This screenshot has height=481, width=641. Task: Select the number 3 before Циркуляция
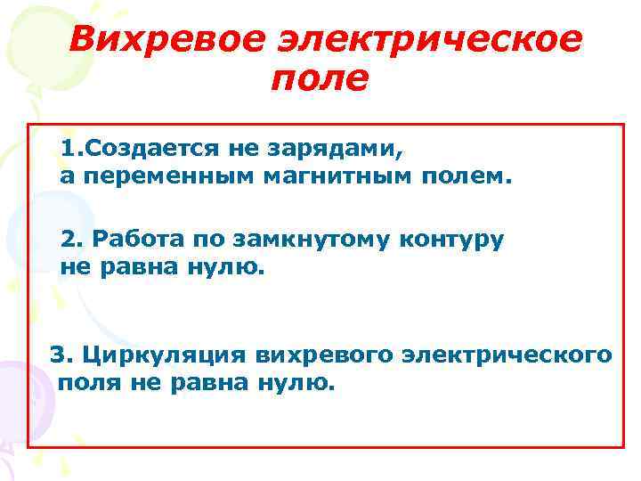pyautogui.click(x=59, y=354)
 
